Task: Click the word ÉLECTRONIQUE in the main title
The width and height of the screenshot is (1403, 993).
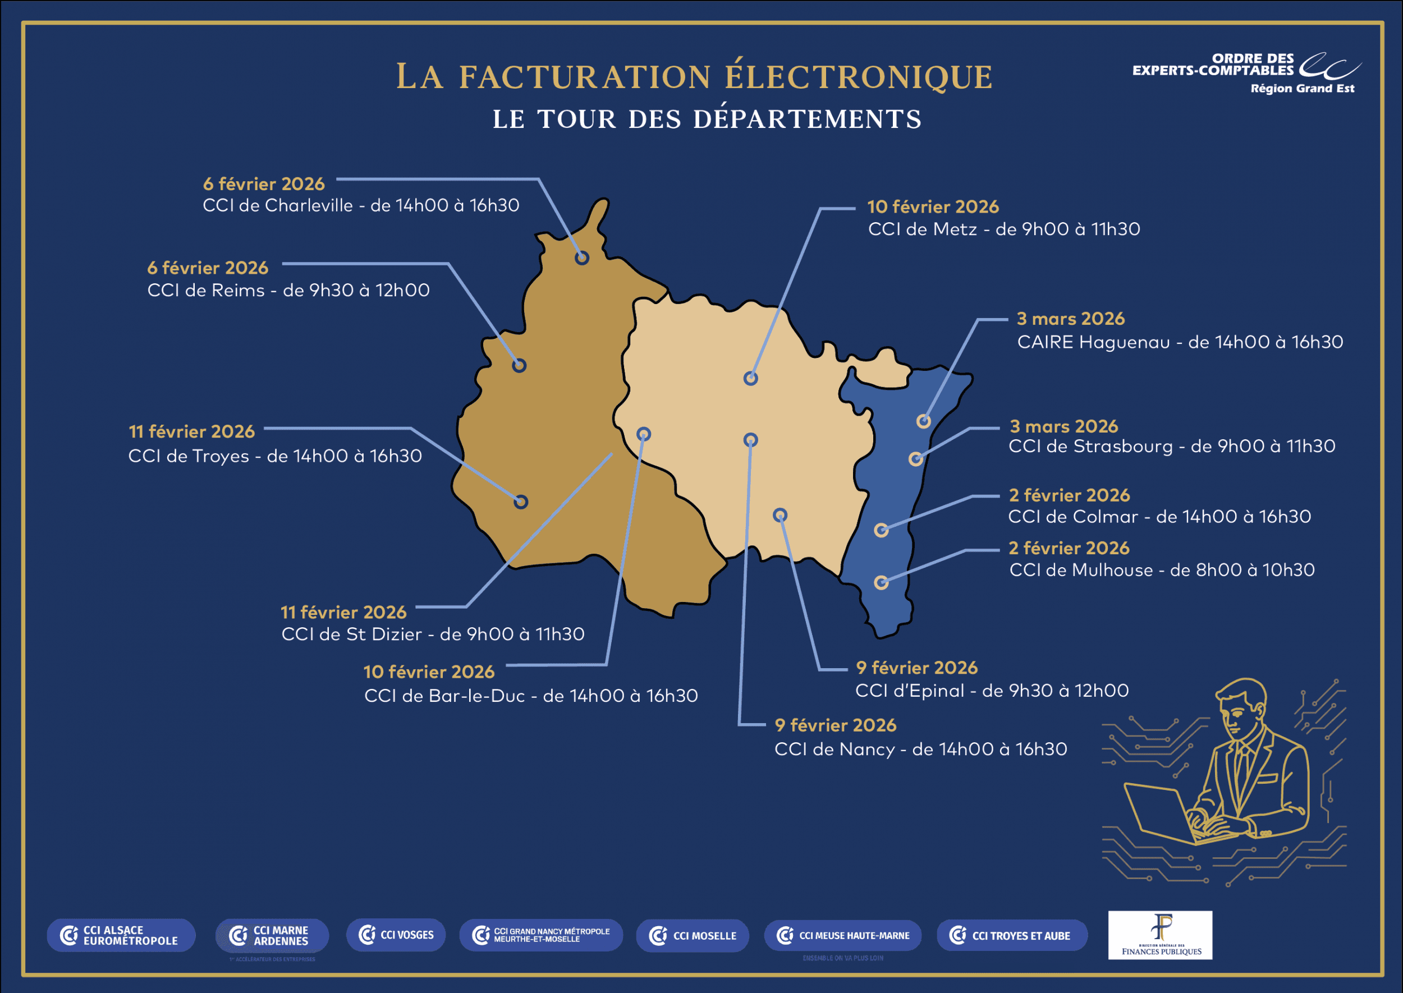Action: point(859,77)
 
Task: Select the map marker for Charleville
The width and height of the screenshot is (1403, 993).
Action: point(581,258)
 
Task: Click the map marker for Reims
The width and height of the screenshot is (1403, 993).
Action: point(519,366)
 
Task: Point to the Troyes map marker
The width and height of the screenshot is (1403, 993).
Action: point(520,502)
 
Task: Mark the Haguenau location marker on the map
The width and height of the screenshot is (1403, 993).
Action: point(924,421)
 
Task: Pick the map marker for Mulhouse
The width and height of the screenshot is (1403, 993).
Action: point(881,582)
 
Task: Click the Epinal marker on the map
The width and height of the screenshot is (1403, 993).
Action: point(780,515)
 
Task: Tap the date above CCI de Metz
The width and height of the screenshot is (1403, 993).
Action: point(933,207)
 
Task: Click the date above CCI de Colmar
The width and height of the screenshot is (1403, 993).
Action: point(1069,495)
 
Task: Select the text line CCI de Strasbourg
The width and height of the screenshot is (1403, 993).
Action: point(1171,447)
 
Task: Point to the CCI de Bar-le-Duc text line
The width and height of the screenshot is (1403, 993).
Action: point(530,696)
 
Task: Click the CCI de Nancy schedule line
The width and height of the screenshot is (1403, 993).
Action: point(920,749)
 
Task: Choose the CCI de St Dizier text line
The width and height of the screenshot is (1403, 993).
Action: point(432,634)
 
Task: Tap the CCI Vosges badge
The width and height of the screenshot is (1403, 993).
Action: point(396,935)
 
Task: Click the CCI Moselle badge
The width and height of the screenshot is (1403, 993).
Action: point(693,936)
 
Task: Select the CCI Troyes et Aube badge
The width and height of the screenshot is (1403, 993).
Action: point(1012,936)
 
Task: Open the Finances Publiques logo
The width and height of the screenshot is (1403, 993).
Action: point(1160,935)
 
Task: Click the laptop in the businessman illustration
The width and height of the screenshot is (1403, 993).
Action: point(1162,813)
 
